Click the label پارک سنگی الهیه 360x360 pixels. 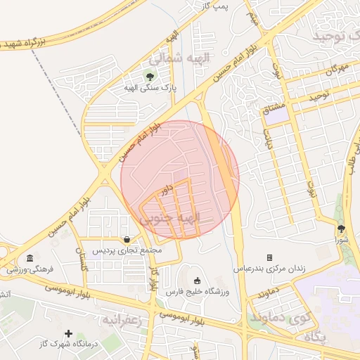(x=149, y=88)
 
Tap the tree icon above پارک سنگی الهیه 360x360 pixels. (x=149, y=76)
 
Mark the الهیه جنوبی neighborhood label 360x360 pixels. (x=181, y=219)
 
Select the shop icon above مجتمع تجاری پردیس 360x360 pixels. (x=126, y=239)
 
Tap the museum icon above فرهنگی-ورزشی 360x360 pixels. (x=30, y=258)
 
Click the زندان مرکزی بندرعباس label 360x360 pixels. (x=268, y=269)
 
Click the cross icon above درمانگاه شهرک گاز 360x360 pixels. (x=68, y=333)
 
